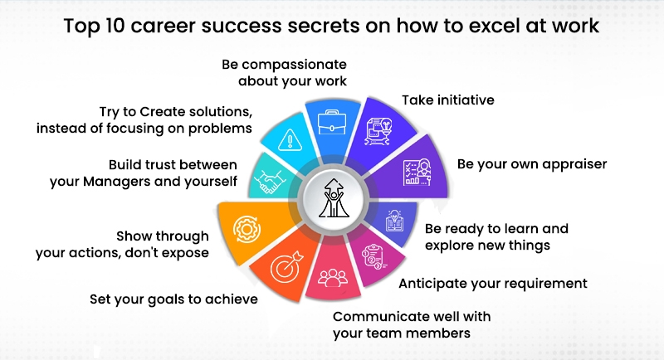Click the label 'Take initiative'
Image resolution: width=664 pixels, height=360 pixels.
pyautogui.click(x=448, y=100)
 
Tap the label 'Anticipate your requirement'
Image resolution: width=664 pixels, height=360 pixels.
pyautogui.click(x=493, y=284)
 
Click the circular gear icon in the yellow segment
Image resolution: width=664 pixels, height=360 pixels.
pyautogui.click(x=242, y=226)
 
